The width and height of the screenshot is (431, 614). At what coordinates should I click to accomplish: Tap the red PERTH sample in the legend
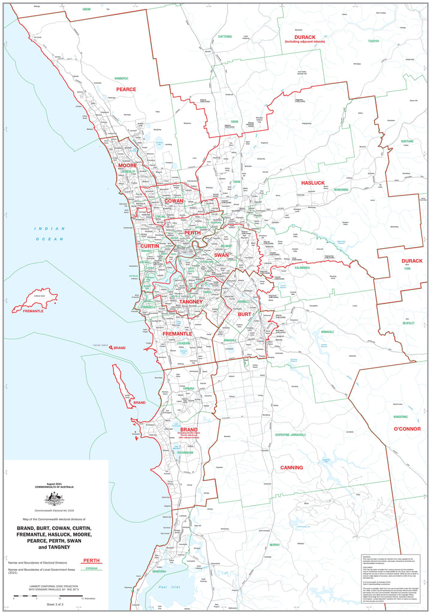point(91,560)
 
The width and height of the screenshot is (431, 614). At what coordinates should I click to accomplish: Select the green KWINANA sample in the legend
point(91,567)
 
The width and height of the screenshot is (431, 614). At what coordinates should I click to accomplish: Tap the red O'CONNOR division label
point(407,429)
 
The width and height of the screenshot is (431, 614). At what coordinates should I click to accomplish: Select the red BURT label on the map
point(244,314)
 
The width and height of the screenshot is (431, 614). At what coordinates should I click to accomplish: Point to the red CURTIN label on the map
point(149,246)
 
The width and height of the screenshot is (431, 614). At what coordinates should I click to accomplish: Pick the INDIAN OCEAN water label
point(50,234)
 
